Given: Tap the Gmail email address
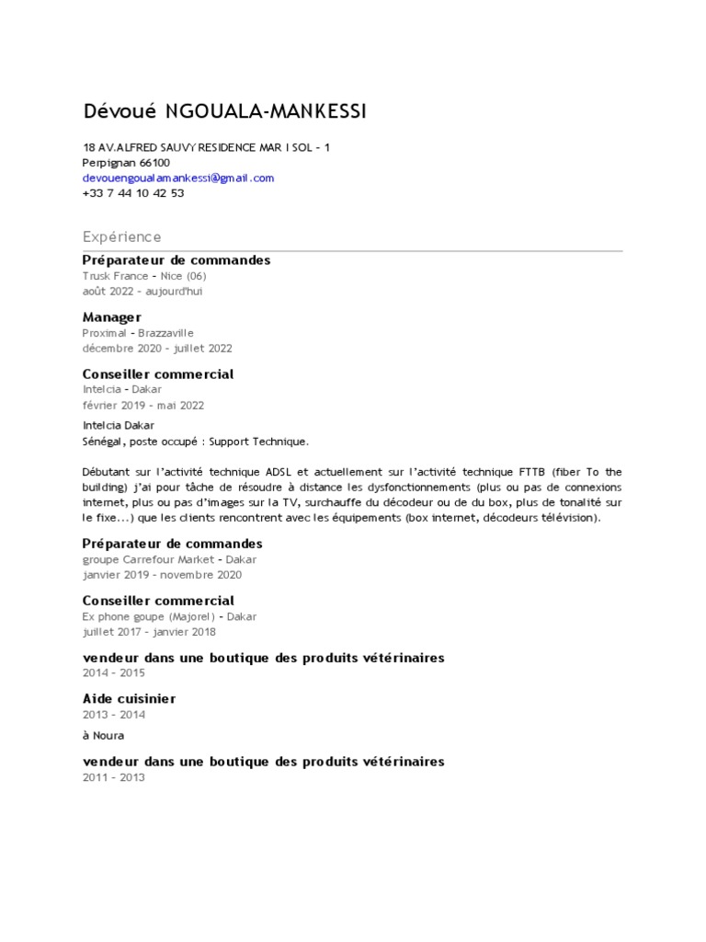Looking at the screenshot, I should [178, 178].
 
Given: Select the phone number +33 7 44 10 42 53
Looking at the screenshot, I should [133, 193].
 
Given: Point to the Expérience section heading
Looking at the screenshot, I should [121, 236].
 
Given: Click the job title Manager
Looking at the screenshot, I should [112, 316].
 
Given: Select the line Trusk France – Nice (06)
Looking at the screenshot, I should [145, 276].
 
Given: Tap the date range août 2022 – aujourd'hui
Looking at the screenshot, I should [142, 292].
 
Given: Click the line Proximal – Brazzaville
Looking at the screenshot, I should [138, 332].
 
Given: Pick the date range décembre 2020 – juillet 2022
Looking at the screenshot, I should [157, 349].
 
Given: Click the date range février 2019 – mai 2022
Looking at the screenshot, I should [143, 405].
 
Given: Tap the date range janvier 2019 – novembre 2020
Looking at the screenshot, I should [162, 575].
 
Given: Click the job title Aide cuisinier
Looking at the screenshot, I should [129, 698].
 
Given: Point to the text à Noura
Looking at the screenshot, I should [103, 736].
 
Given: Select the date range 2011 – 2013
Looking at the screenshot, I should [114, 777].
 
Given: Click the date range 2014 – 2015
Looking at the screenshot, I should [114, 673].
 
